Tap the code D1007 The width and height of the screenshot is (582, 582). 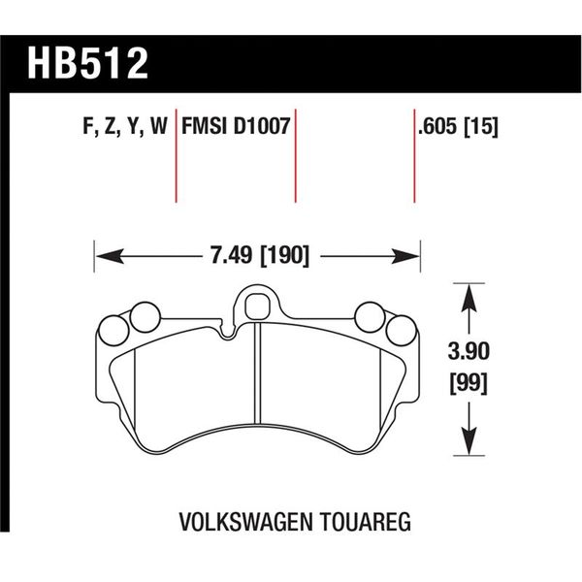[262, 127]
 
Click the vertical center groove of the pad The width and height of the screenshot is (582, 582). [257, 378]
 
